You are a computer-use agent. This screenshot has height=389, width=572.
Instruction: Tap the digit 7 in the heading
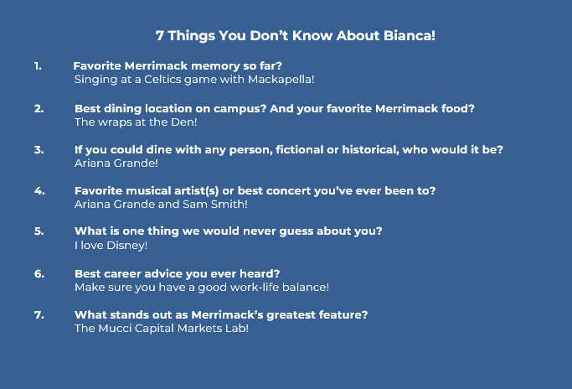(x=160, y=36)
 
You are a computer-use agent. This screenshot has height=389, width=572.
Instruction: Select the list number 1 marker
(x=38, y=66)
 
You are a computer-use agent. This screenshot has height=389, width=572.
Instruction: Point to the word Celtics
(x=162, y=80)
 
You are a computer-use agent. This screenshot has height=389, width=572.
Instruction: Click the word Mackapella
(x=281, y=80)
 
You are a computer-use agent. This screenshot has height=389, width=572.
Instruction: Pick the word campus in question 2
(x=240, y=109)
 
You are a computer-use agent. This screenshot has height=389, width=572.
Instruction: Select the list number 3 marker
(x=39, y=150)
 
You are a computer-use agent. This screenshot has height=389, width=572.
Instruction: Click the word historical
(x=370, y=150)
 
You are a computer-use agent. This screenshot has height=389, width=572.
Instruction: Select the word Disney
(x=127, y=246)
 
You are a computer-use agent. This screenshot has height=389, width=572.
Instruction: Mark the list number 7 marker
(x=39, y=315)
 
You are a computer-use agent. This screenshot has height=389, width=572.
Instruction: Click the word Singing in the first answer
(x=95, y=80)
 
